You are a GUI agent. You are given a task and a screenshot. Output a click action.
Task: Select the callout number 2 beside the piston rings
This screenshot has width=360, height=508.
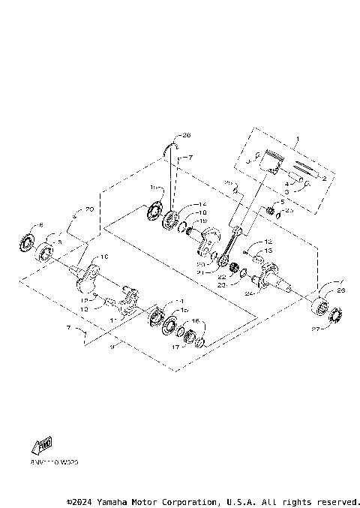324,179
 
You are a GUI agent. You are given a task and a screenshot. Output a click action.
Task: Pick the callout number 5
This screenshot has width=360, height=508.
283,202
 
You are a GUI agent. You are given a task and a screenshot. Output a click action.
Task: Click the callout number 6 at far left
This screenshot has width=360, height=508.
40,224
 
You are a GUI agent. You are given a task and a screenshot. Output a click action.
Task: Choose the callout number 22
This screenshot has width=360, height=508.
222,277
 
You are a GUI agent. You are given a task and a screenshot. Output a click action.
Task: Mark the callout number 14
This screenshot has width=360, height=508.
180,205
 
